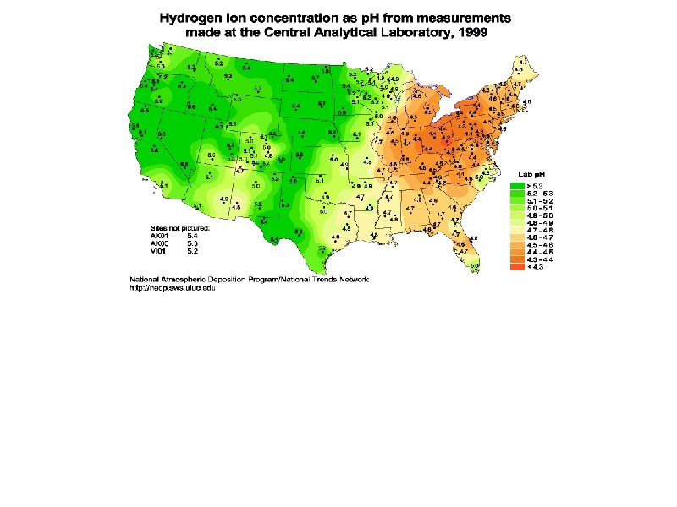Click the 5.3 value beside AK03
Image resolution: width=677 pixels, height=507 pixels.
pyautogui.click(x=192, y=243)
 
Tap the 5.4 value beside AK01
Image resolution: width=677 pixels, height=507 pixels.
pyautogui.click(x=192, y=237)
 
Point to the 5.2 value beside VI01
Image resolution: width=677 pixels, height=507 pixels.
pyautogui.click(x=192, y=251)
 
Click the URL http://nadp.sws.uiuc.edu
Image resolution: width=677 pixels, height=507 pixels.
pyautogui.click(x=172, y=287)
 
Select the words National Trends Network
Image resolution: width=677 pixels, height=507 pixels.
pyautogui.click(x=330, y=280)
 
